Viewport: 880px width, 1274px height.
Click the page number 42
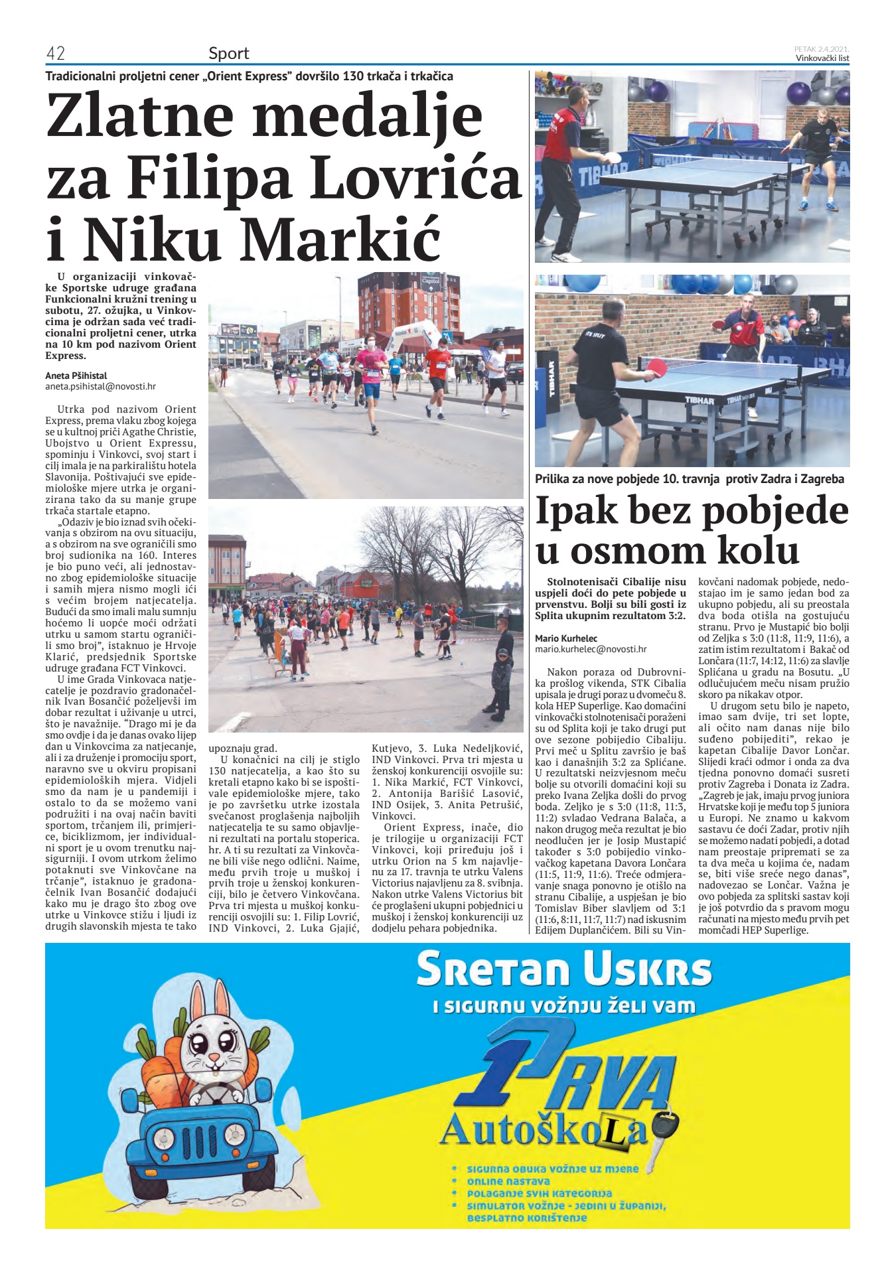(x=54, y=53)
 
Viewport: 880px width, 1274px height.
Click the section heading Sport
(x=228, y=53)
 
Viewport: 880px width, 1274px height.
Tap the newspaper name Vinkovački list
(x=822, y=58)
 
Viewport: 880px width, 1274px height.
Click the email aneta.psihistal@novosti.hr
(x=100, y=386)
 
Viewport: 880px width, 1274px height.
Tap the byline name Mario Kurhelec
(x=566, y=638)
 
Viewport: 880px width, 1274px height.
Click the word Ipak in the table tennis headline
(x=582, y=511)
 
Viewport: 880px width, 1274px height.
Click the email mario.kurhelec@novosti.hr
(x=591, y=650)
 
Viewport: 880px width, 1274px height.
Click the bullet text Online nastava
(x=508, y=1180)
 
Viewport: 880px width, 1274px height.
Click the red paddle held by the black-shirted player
(x=657, y=367)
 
